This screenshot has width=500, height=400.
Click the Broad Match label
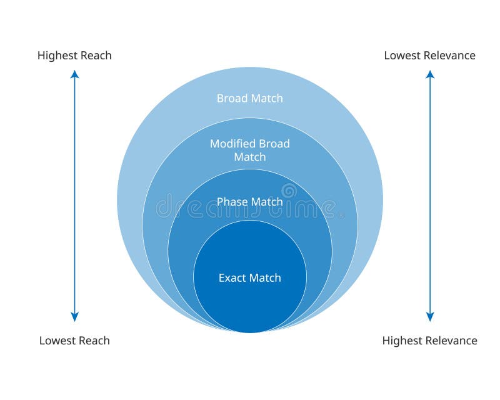pos(249,98)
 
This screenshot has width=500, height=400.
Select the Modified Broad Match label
pos(249,150)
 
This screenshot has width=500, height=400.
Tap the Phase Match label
pos(249,202)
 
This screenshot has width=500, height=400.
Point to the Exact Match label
pos(249,277)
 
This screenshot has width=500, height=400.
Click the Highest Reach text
pos(74,55)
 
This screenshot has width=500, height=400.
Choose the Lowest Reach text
pos(74,341)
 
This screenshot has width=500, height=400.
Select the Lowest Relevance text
pos(429,55)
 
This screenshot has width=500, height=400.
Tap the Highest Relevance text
pos(429,341)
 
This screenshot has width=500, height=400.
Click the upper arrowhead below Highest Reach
pos(74,74)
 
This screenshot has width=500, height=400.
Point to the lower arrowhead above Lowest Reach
pos(74,317)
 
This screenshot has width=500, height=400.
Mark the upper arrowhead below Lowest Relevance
pos(430,74)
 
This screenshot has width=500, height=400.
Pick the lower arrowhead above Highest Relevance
pos(430,317)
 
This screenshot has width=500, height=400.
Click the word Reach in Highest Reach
pos(96,55)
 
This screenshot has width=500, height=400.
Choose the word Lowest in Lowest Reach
pos(57,341)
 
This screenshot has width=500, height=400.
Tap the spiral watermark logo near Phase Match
pos(289,190)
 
